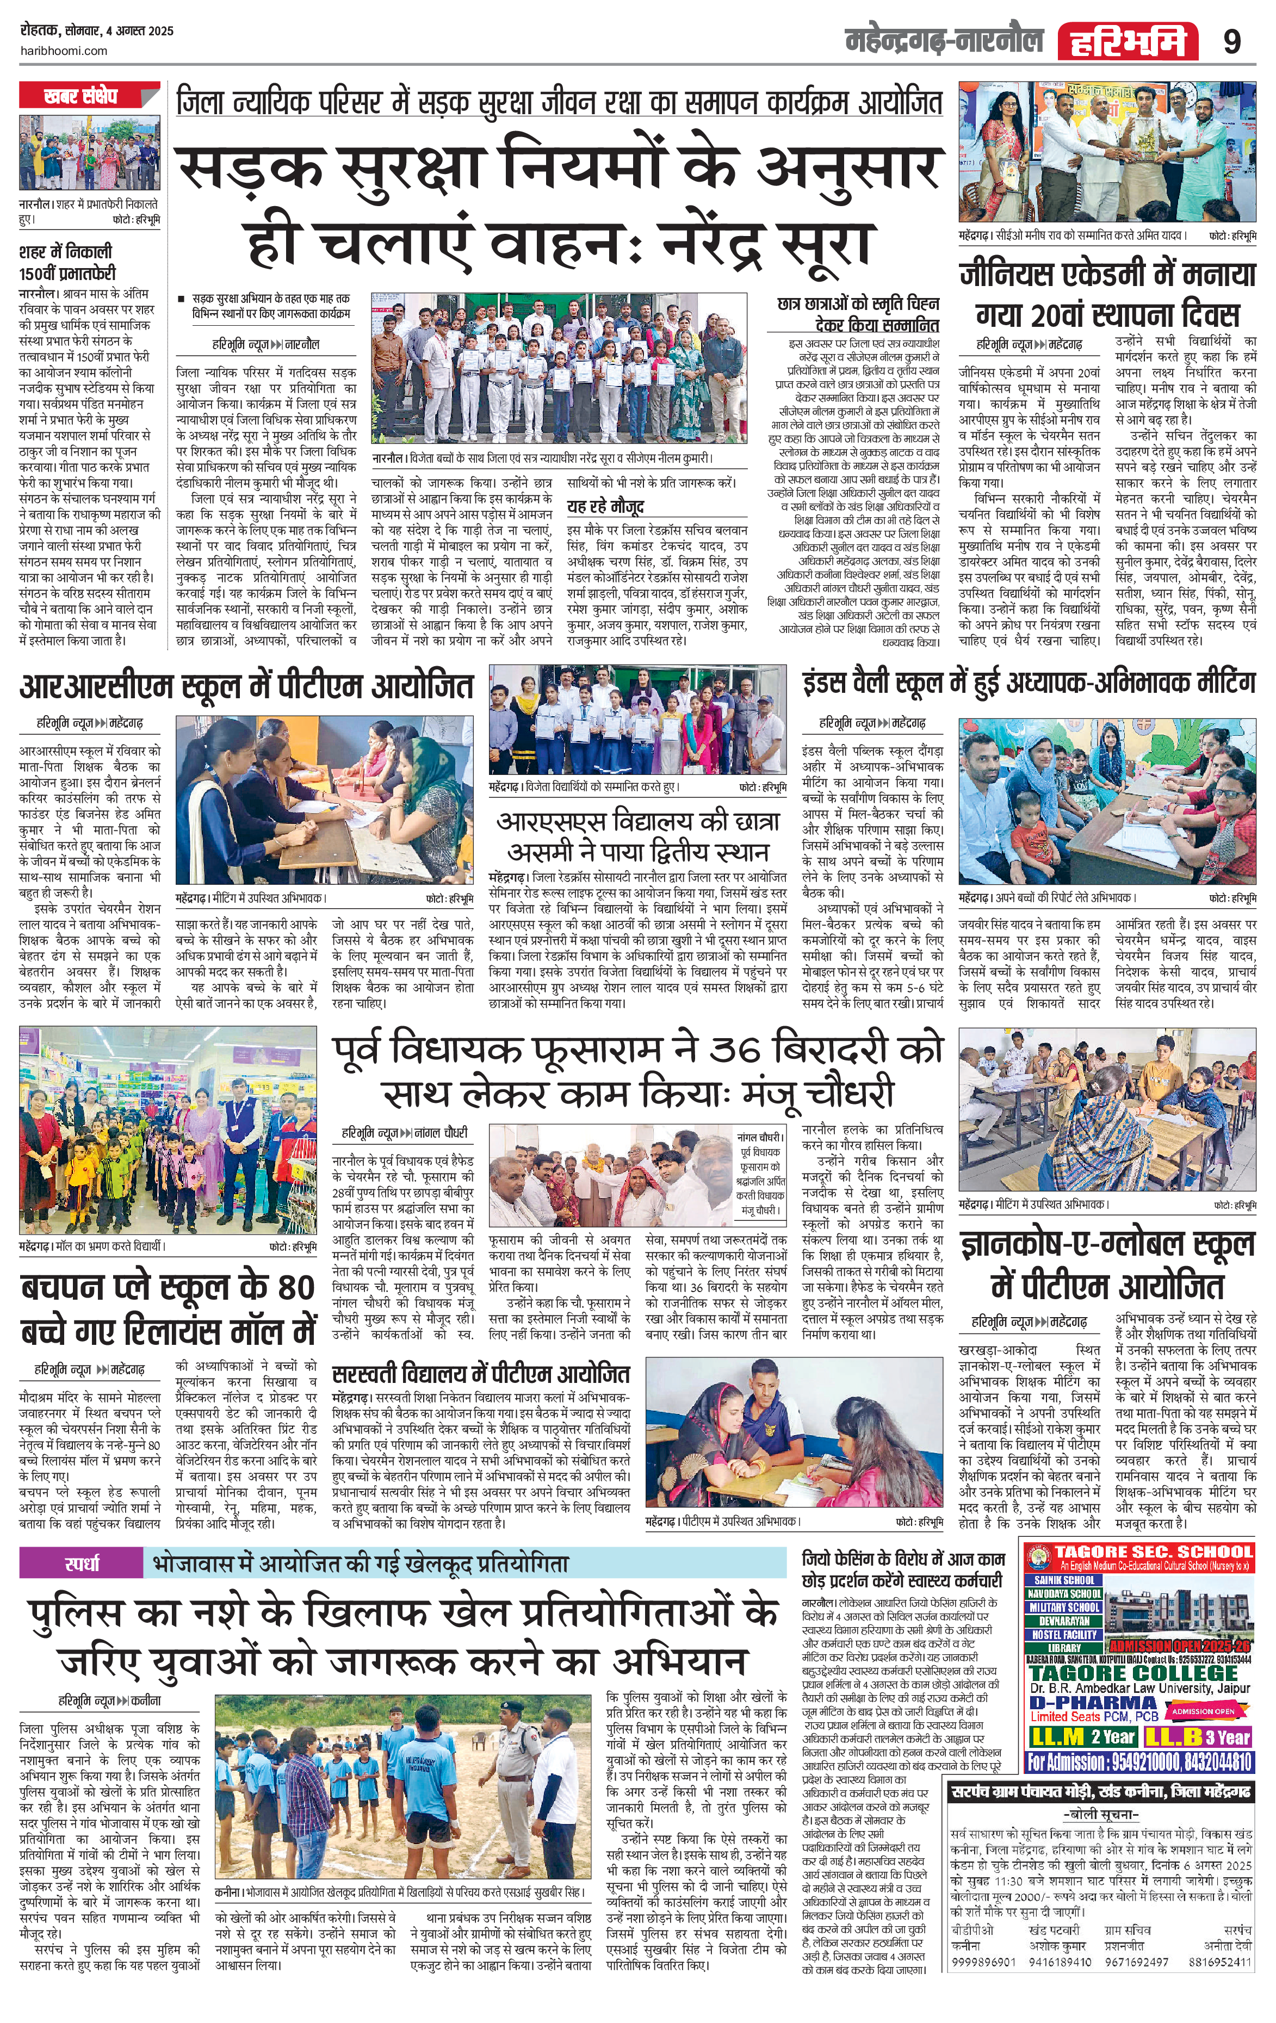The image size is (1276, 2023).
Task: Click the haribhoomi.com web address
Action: pos(63,51)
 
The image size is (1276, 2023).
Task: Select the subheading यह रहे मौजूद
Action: pos(605,507)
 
